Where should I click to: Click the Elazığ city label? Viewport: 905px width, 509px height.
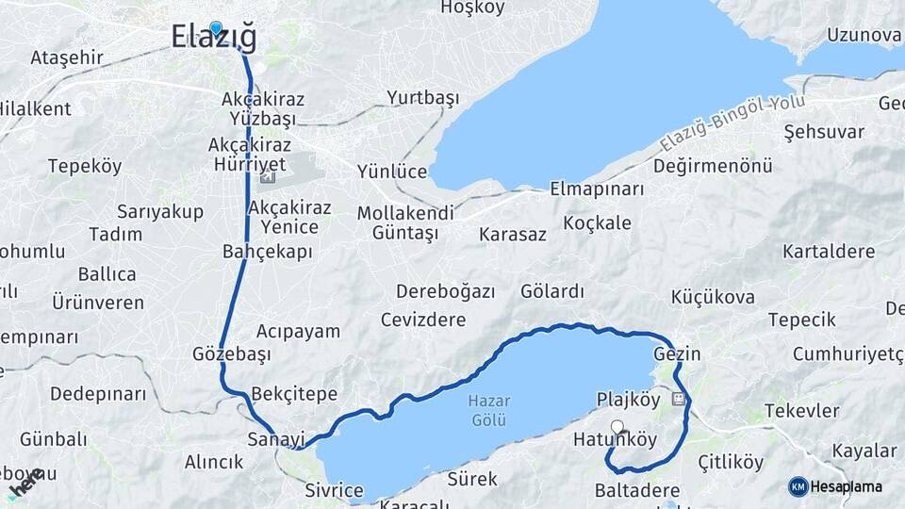tap(214, 38)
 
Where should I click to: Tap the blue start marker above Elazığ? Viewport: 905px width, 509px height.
tap(216, 28)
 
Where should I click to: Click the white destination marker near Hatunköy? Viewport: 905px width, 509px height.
tap(617, 426)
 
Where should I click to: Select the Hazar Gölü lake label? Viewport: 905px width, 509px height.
tap(487, 409)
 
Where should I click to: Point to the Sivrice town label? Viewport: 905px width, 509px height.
tap(334, 490)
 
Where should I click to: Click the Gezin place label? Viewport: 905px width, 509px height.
tap(677, 354)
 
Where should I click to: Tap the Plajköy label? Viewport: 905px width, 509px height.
tap(629, 400)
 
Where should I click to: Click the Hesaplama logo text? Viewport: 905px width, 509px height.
tap(847, 486)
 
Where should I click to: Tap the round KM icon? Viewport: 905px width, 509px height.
tap(798, 486)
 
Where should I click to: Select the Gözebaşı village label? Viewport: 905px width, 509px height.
tap(231, 354)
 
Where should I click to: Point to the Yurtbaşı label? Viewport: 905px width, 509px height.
tap(422, 98)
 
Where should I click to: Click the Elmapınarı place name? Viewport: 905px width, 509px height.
tap(596, 189)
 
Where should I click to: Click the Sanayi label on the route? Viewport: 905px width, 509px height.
tap(276, 439)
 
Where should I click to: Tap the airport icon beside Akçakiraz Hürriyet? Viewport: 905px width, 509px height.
tap(268, 177)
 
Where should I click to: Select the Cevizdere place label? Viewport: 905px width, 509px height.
tap(423, 320)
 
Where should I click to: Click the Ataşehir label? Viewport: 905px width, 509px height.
tap(66, 57)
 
